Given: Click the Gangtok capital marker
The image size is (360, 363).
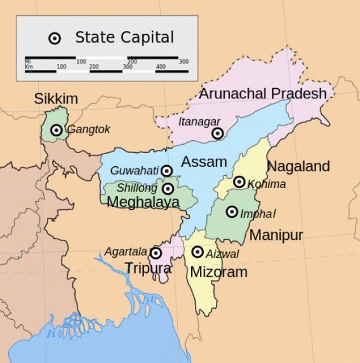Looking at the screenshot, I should [57, 130].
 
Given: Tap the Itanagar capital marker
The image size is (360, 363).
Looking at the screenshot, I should [218, 133].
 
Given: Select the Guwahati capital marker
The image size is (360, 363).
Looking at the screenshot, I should [166, 170].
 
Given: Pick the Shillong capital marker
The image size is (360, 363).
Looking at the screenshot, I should [168, 188].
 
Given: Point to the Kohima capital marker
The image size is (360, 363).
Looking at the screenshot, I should [239, 182].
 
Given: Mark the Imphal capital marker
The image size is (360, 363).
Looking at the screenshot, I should [232, 212].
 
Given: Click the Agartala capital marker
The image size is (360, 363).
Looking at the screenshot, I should [156, 253].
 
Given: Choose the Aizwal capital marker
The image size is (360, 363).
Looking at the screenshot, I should [198, 252].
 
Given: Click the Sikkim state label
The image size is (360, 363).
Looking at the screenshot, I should [56, 98].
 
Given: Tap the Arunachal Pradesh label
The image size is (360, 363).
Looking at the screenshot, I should [263, 94].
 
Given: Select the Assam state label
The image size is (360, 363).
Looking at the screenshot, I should [204, 161].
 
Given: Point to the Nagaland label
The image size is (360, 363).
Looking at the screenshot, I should [298, 167].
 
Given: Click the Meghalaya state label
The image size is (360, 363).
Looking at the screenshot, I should [143, 202].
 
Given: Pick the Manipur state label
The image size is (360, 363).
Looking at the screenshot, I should [276, 235].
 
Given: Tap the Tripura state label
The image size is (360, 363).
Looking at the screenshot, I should [147, 268].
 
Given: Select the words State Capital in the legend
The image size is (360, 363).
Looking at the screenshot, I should [124, 37].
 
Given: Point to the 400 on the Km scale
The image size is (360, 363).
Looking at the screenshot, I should [160, 66].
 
